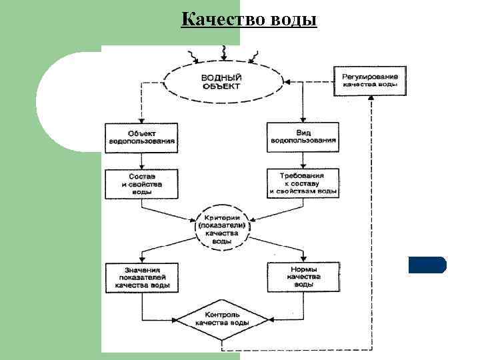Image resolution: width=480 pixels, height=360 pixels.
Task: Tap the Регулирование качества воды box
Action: (x=370, y=80)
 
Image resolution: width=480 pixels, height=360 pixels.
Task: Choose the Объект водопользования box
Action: (x=141, y=136)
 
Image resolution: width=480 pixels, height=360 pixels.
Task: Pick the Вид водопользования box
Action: (x=303, y=136)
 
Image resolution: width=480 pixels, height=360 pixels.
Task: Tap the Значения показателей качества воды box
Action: (x=141, y=277)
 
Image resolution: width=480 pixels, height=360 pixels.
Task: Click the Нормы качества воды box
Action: (x=303, y=277)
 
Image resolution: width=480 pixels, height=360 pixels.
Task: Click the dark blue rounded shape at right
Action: (x=427, y=265)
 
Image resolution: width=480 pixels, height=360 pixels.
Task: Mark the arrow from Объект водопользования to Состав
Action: (x=141, y=159)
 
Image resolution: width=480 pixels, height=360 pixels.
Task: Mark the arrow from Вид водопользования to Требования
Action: (x=303, y=159)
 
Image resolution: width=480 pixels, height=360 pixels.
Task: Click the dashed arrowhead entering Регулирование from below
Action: (x=371, y=97)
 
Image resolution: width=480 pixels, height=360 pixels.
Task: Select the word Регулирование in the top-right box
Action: (x=370, y=75)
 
